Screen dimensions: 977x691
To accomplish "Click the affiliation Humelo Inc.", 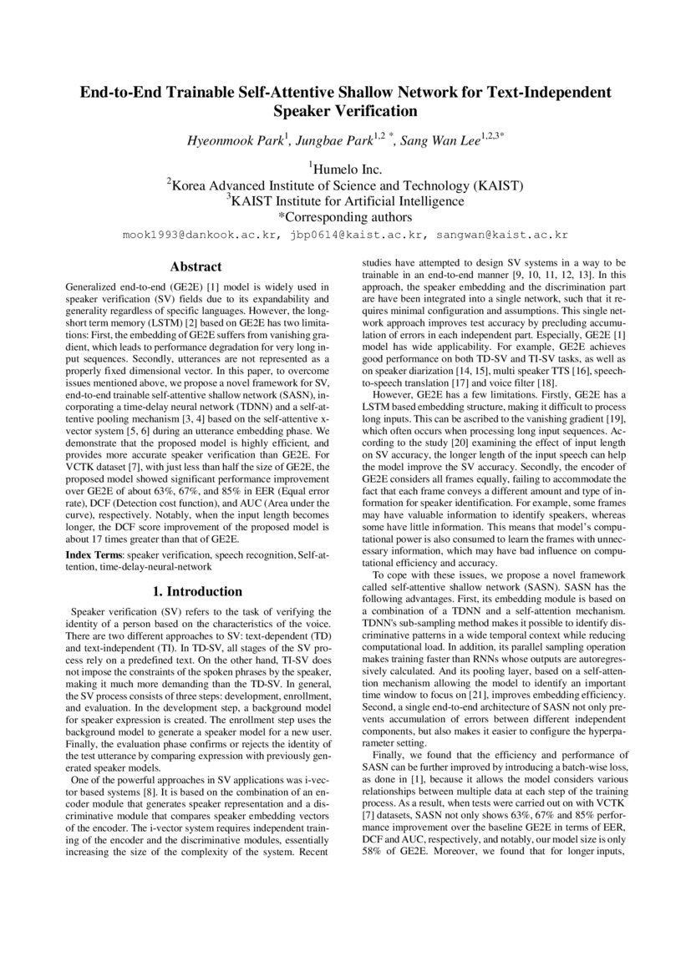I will [347, 170].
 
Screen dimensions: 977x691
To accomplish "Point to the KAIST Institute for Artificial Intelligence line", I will [347, 201].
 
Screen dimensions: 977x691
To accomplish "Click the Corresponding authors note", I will [346, 217].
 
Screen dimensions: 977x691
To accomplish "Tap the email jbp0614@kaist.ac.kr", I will [359, 236].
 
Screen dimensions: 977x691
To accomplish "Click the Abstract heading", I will [196, 267].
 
